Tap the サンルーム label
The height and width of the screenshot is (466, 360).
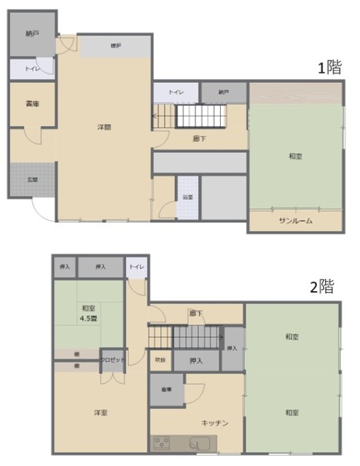295,221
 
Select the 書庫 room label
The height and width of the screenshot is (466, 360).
31,104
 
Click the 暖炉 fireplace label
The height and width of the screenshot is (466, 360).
115,46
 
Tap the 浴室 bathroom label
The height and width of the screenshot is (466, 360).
187,197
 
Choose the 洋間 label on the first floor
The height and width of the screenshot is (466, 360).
104,127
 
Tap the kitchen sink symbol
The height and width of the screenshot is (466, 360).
197,442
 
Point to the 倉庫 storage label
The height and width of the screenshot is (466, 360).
166,390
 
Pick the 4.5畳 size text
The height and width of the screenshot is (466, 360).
90,317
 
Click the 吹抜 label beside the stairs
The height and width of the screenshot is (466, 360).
160,360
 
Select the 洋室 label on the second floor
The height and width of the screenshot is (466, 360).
100,413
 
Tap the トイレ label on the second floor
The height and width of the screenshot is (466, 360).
136,267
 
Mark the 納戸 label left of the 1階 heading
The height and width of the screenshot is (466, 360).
222,93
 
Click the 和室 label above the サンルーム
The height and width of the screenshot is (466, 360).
295,156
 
